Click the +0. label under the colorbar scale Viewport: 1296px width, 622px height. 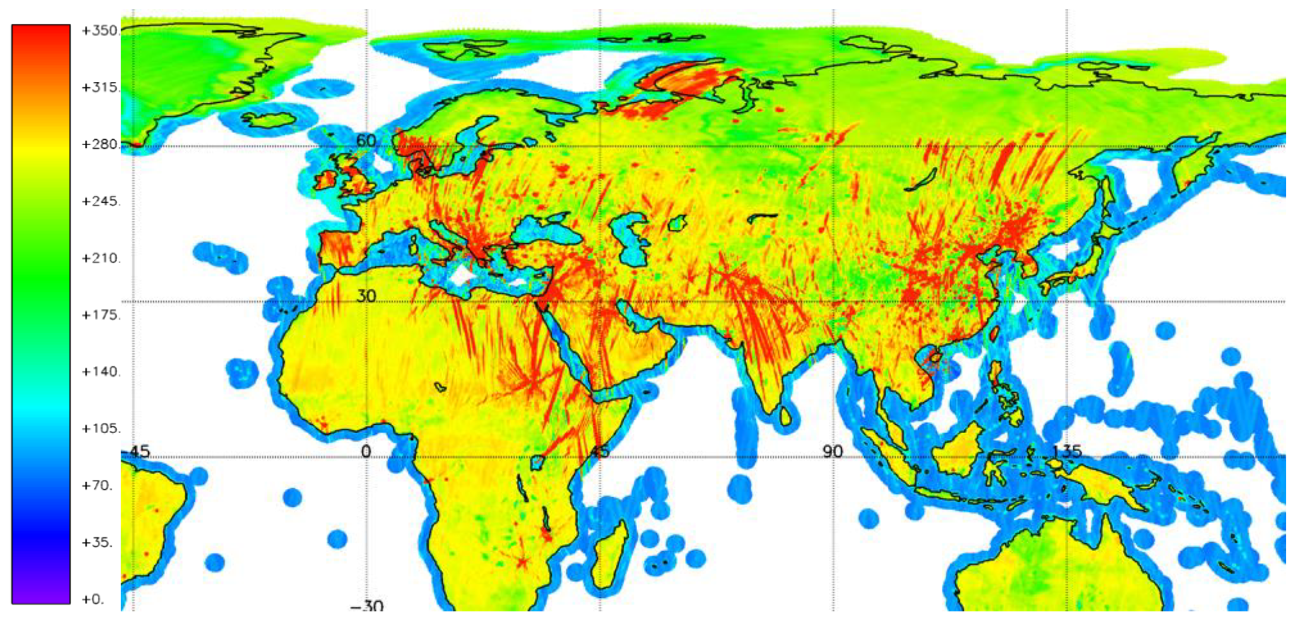93,599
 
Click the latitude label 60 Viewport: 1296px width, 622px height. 366,140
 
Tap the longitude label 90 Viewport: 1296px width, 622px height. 833,451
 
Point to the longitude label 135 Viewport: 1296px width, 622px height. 1067,451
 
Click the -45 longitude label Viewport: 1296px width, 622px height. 137,451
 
